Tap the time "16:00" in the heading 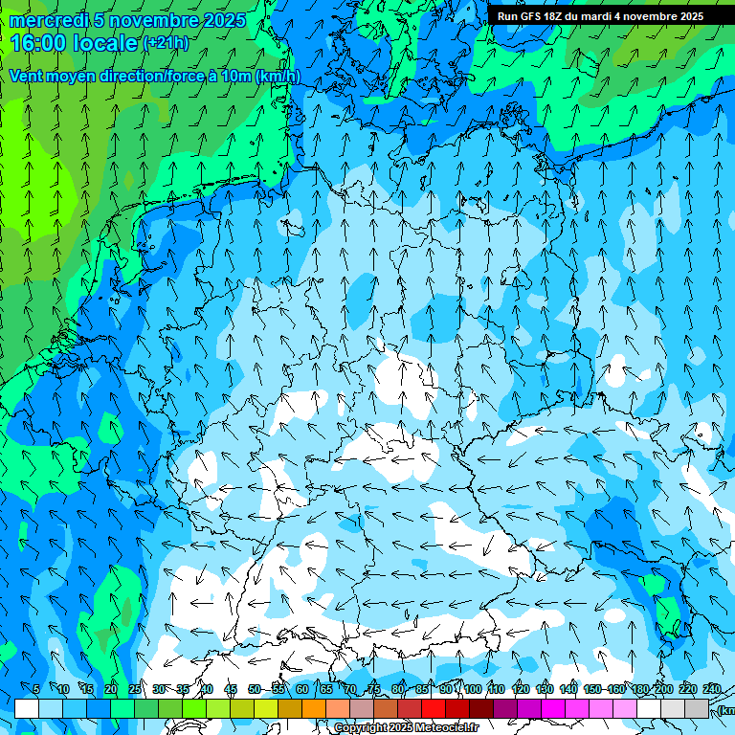(37, 43)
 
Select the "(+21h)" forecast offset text (166, 43)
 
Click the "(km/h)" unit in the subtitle (278, 77)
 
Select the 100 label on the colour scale (472, 689)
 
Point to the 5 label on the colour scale (36, 689)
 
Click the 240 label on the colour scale (712, 689)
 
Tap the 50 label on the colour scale (255, 689)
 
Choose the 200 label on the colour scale (663, 689)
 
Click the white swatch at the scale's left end (27, 708)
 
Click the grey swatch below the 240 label (697, 708)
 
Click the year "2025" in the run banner (687, 16)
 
